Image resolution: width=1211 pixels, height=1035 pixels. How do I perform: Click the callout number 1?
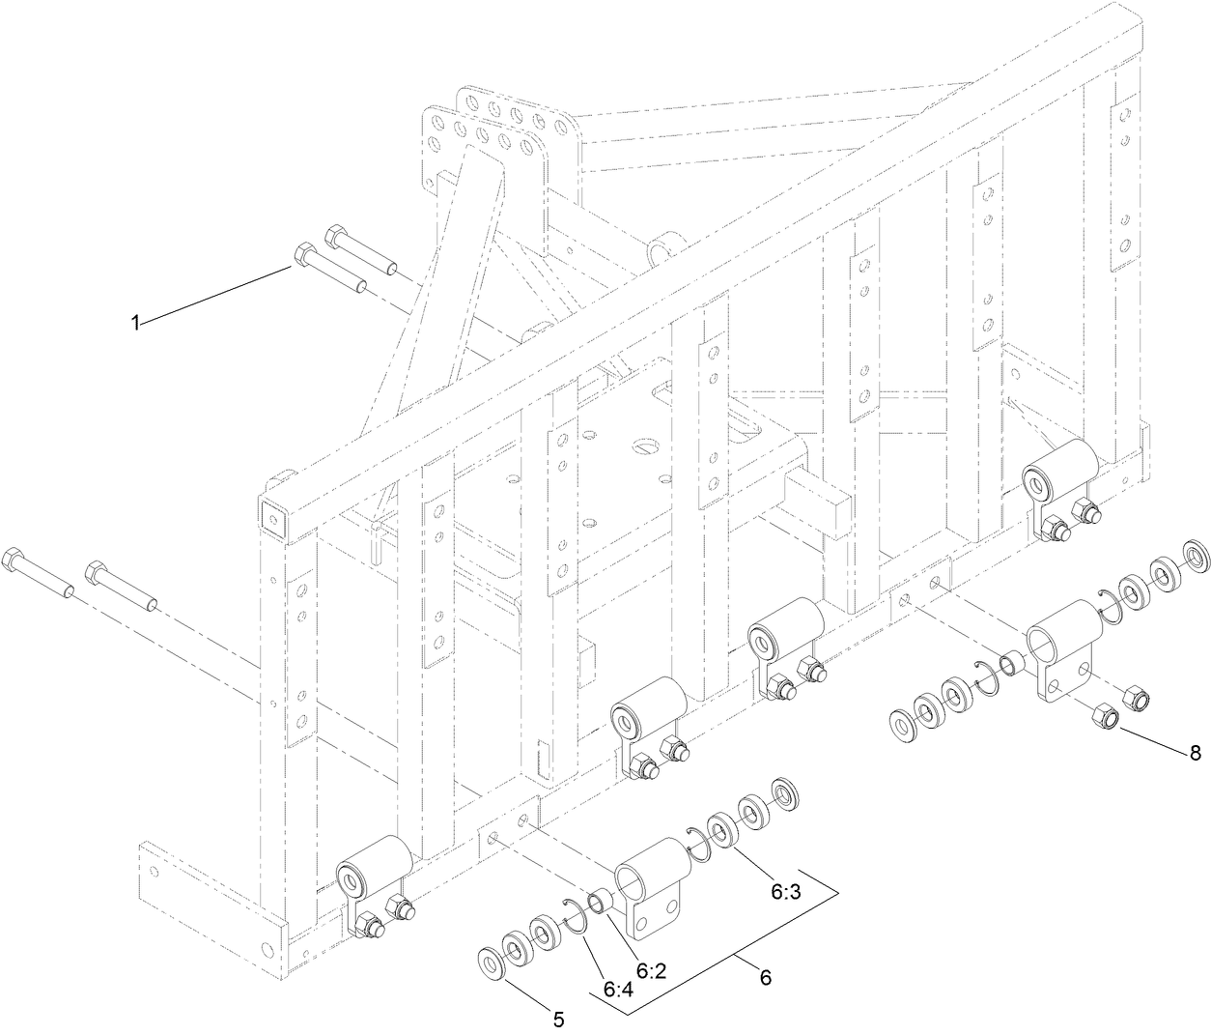[136, 323]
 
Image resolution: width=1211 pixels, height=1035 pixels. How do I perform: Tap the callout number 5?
[557, 1018]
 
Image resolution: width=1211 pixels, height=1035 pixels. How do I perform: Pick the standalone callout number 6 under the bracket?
[765, 977]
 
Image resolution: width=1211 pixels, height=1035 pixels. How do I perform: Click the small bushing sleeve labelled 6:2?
[601, 902]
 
